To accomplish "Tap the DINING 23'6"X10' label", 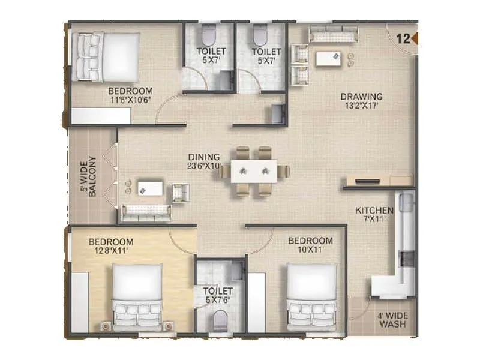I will tap(203, 161).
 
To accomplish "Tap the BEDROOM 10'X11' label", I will tap(310, 245).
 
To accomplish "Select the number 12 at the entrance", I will tap(403, 40).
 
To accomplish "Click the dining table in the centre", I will tap(254, 170).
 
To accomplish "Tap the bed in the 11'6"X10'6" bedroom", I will tap(107, 56).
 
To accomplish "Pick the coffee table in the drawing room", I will tap(328, 59).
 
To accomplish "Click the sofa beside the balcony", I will tap(146, 211).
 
